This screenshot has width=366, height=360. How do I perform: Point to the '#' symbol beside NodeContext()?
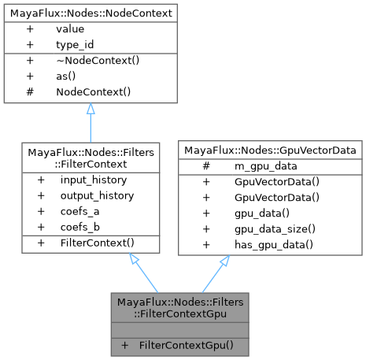coord(30,92)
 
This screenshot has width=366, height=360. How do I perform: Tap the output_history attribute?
coord(94,195)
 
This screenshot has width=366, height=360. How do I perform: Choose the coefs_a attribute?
coord(81,211)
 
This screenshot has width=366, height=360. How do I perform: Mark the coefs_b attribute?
coord(81,227)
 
